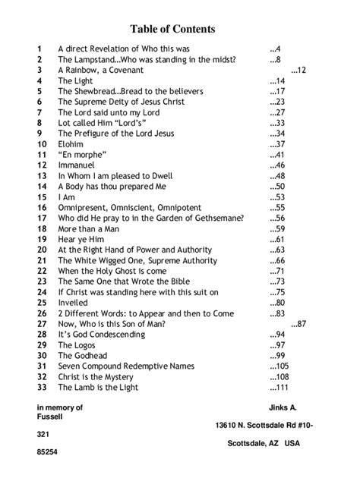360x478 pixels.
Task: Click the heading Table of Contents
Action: click(x=172, y=29)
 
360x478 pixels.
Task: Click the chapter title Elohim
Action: click(x=71, y=144)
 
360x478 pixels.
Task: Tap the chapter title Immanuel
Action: click(x=77, y=165)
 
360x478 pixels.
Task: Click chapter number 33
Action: click(x=41, y=388)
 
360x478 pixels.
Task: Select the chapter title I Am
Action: click(x=66, y=197)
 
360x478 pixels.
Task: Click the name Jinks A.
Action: click(x=283, y=407)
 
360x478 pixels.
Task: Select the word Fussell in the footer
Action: click(x=52, y=417)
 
